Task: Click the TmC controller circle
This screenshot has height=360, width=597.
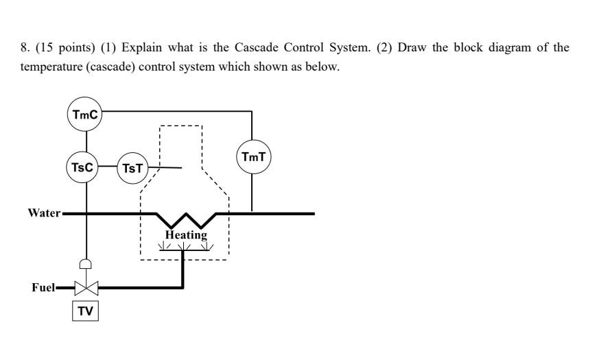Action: (x=85, y=115)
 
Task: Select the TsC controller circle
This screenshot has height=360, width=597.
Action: (x=83, y=167)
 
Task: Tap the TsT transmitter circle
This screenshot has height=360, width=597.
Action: (x=132, y=168)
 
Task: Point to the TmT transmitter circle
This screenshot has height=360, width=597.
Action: (x=253, y=157)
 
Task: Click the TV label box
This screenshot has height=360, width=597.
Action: (x=85, y=311)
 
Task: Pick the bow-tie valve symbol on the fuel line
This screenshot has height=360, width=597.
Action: (x=86, y=287)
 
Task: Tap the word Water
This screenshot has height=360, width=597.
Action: (x=44, y=213)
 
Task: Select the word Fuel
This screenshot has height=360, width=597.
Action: (x=43, y=287)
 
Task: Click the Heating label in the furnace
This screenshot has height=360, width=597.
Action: (x=186, y=235)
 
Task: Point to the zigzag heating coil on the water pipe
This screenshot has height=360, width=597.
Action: (x=186, y=220)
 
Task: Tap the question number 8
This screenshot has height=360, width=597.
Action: (x=23, y=48)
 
